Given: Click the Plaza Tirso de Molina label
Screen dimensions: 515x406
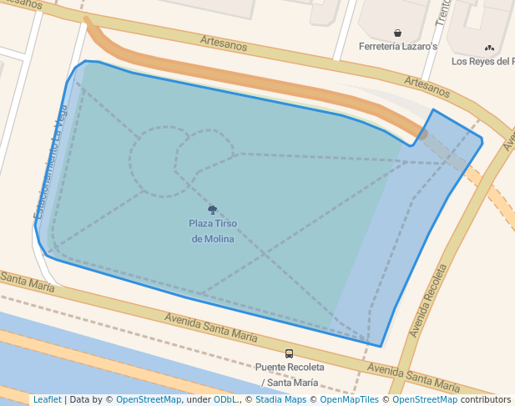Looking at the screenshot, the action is coord(212,231).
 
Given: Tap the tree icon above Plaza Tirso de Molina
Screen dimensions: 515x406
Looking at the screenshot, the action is coord(212,211).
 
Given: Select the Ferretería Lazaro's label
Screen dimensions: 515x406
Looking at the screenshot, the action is coord(397,47).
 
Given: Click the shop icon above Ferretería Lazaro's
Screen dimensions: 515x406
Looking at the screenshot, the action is coord(398,33).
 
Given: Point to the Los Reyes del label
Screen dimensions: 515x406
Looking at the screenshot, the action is coord(482,61).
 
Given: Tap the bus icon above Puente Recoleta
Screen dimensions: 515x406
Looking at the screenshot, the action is coord(289,353).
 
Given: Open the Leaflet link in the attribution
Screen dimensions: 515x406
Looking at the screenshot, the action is coord(47,400).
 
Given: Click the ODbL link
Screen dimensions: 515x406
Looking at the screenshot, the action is coord(225,400).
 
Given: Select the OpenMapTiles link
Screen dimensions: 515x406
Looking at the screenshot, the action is coord(349,400).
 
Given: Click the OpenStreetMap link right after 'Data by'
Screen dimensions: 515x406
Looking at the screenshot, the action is coord(149,400).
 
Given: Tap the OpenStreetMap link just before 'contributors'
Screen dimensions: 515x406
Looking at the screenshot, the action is coord(425,400).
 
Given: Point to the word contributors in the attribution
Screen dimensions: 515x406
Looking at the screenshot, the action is coord(485,400).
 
